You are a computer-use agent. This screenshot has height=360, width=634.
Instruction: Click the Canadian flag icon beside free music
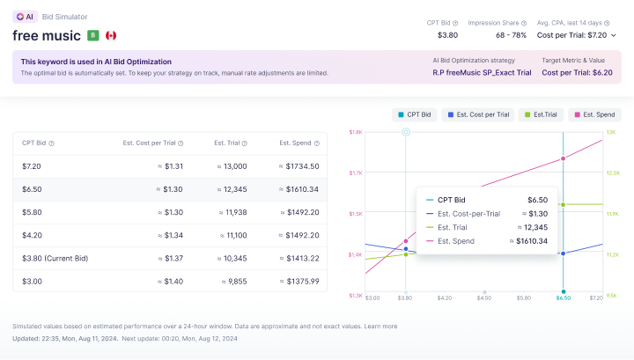pos(111,35)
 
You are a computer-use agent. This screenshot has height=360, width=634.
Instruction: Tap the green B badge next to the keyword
pos(92,35)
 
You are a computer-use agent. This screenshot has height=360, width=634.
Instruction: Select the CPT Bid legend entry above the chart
pos(414,114)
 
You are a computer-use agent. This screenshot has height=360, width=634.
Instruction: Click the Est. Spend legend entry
pos(593,114)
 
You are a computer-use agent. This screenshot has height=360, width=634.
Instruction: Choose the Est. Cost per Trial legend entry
pos(478,114)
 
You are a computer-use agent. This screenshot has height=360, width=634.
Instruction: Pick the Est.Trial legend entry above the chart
pos(542,114)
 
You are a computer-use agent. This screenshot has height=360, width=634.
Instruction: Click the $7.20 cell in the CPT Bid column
pos(32,165)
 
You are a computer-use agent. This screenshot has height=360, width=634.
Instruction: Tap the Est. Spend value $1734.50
pos(298,165)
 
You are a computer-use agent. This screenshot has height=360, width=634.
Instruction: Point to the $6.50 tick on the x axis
pos(563,298)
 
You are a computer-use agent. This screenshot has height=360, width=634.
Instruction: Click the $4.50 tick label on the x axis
pos(483,298)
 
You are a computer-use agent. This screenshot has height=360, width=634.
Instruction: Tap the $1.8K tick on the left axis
pos(356,132)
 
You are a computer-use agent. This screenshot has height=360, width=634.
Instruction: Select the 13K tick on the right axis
pos(610,132)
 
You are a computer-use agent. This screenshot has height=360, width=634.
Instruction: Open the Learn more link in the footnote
pos(380,326)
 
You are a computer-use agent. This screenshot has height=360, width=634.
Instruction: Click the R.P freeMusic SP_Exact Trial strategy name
pos(482,72)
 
